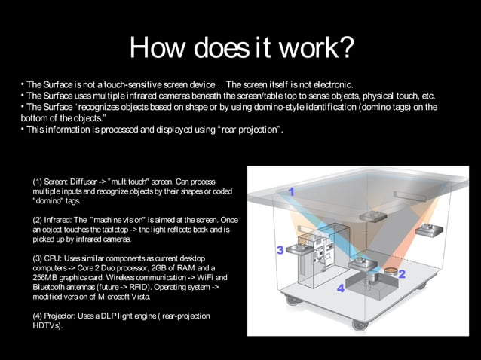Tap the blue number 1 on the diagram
pos(291,193)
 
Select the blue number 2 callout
pos(401,274)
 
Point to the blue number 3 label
pos(279,249)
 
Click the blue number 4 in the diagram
pos(341,288)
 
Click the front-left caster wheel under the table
pos(290,300)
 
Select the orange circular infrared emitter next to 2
pos(391,269)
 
